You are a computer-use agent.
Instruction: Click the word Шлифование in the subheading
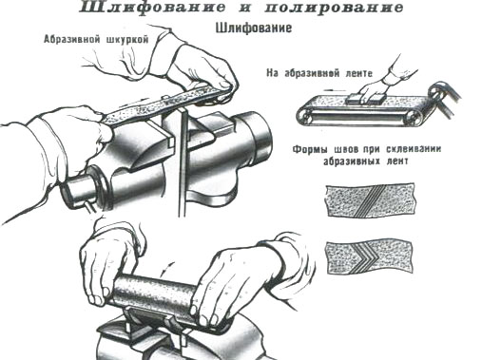coord(254,28)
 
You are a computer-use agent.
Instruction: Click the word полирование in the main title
coord(334,7)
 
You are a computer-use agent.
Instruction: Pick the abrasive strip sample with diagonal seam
coord(371,200)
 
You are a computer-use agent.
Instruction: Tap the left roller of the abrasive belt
coord(306,118)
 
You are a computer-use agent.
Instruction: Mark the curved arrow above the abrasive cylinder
coord(167,269)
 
